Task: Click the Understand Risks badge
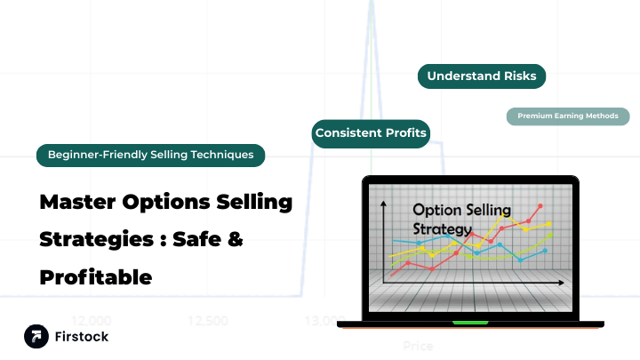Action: (481, 76)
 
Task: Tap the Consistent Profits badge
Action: (371, 133)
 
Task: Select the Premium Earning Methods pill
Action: (568, 116)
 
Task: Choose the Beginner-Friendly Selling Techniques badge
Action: (150, 155)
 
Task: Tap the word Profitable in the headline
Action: (96, 276)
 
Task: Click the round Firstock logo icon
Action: (37, 337)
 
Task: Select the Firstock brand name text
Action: (82, 337)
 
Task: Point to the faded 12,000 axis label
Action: (91, 320)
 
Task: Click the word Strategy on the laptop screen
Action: (443, 229)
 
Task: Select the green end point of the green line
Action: (550, 236)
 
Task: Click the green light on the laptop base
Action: (470, 322)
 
